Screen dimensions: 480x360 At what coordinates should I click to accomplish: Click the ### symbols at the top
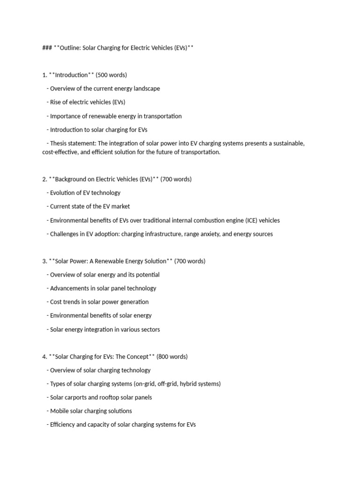coord(47,48)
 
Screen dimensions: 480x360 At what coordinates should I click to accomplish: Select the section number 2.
coord(44,179)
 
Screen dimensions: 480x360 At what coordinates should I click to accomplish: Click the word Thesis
coord(60,143)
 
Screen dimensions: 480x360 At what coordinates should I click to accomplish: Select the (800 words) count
coord(172,357)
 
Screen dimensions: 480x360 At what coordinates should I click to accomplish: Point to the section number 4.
coord(44,357)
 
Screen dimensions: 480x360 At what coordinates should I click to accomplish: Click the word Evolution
coord(63,193)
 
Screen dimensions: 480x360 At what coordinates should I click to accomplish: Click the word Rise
coord(56,102)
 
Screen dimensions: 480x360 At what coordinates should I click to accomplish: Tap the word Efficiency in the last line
coord(64,425)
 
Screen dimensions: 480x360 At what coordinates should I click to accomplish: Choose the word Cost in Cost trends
coord(56,302)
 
